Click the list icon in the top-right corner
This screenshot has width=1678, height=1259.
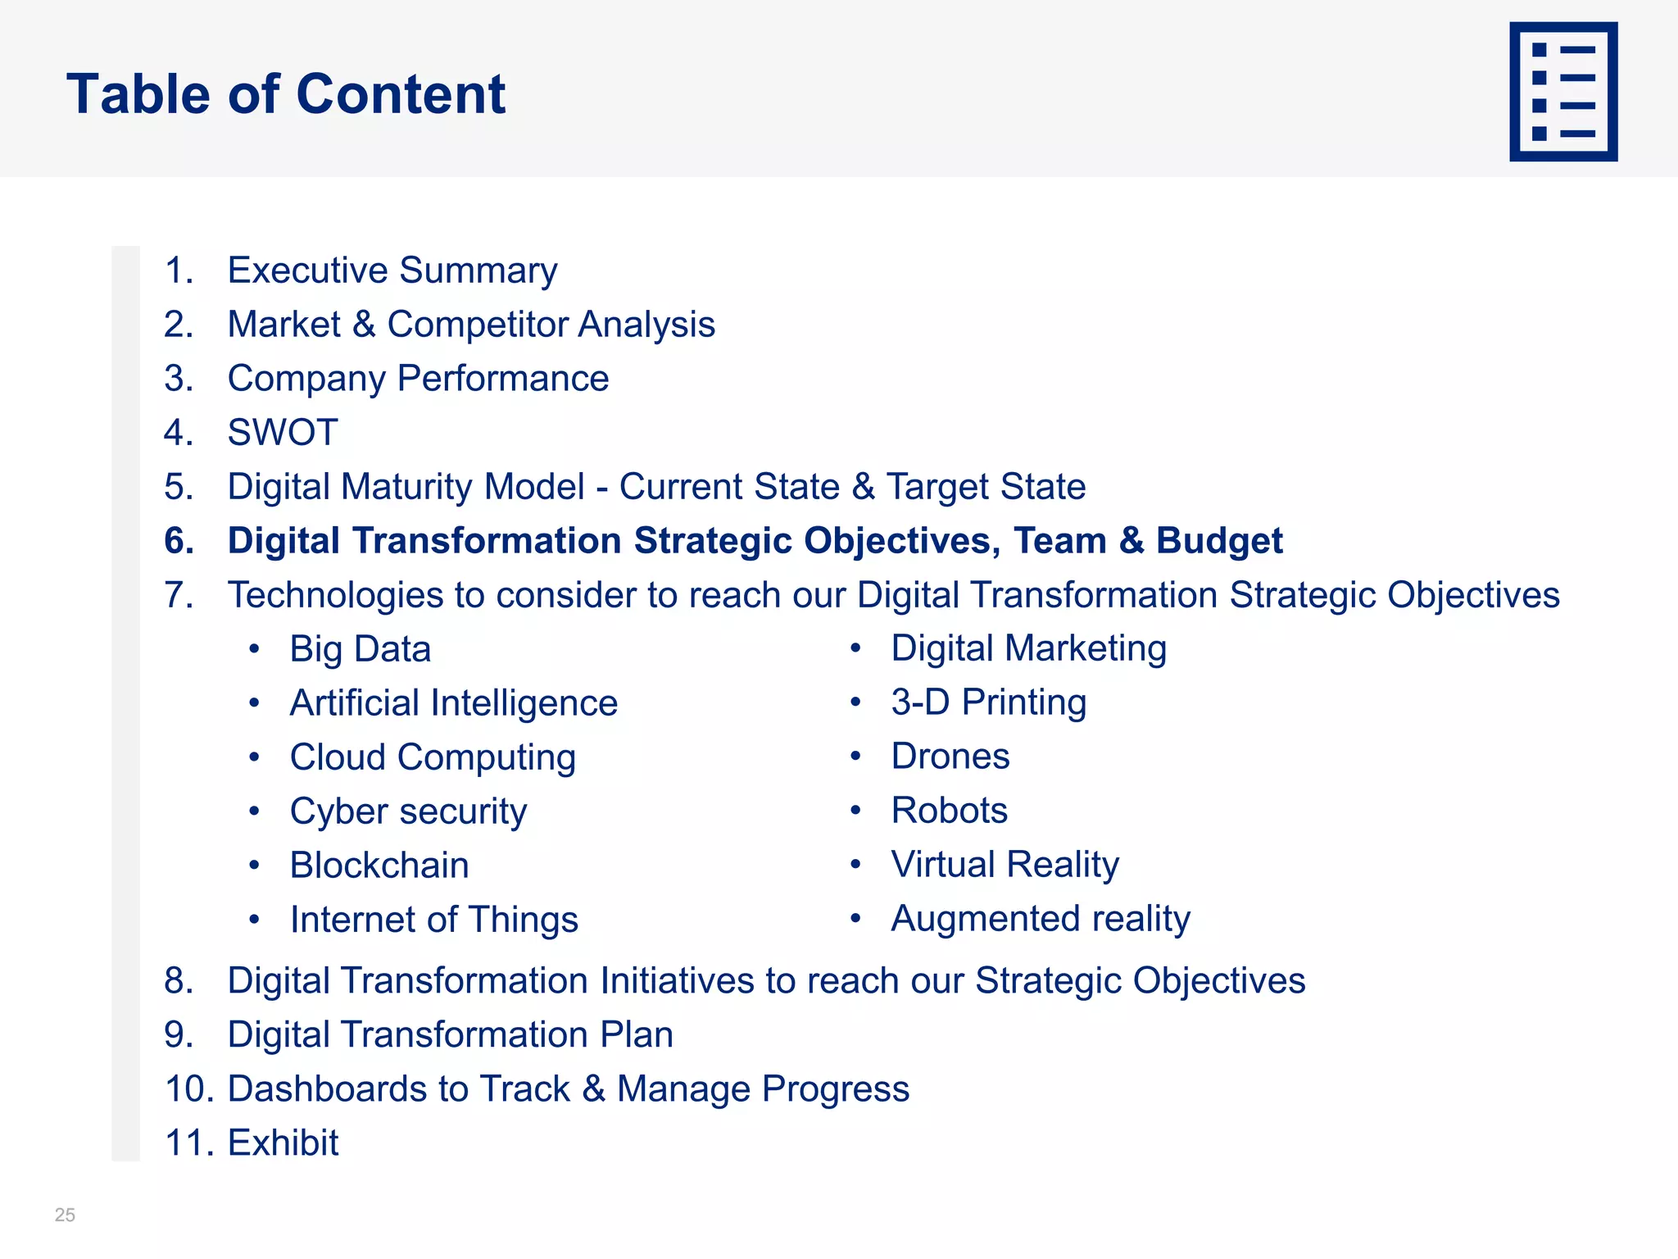[x=1562, y=92]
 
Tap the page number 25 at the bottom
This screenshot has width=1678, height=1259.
[x=65, y=1215]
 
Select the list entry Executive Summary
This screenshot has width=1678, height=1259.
[x=392, y=270]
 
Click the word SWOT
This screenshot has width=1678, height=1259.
[x=282, y=433]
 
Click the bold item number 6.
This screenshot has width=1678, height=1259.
[x=178, y=541]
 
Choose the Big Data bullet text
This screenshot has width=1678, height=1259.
[x=360, y=649]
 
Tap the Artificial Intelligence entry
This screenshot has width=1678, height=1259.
[x=453, y=703]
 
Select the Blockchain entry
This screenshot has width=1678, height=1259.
[x=379, y=866]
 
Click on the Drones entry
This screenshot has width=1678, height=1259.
[x=950, y=757]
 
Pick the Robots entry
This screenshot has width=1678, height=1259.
[x=949, y=811]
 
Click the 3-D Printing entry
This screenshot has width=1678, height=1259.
[x=988, y=702]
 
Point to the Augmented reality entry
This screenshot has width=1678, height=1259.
[x=1040, y=919]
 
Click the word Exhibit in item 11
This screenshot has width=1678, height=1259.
[x=283, y=1143]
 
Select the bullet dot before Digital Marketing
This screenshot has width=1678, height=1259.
[x=855, y=648]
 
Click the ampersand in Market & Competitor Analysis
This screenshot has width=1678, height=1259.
[x=364, y=325]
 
